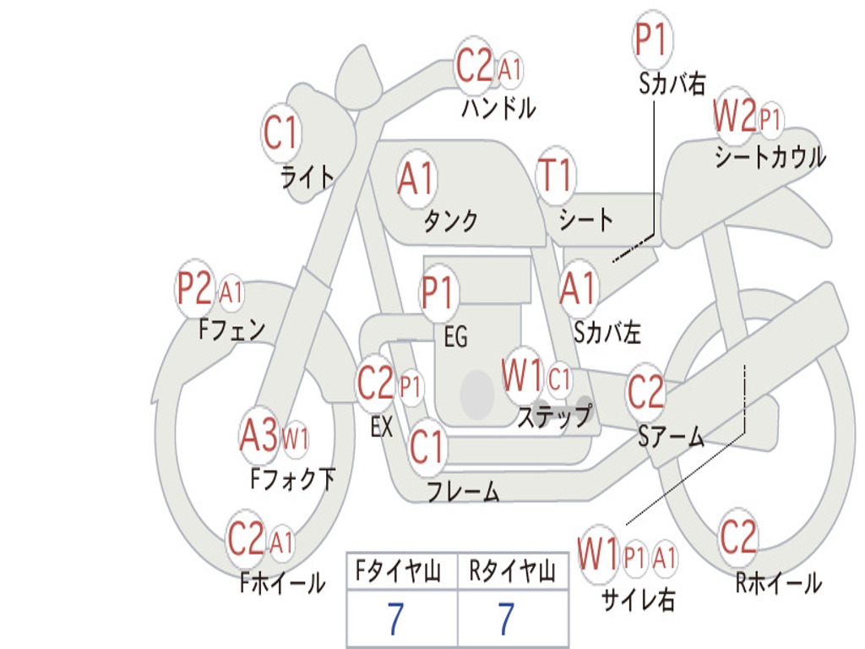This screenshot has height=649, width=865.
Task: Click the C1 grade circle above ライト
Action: pyautogui.click(x=281, y=134)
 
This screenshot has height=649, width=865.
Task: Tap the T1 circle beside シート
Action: pyautogui.click(x=555, y=176)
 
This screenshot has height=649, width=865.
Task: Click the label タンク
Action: pyautogui.click(x=450, y=221)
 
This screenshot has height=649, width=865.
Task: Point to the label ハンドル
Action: pyautogui.click(x=498, y=108)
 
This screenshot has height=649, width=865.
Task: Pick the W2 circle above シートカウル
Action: pyautogui.click(x=733, y=117)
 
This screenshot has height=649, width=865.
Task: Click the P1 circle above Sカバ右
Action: pyautogui.click(x=651, y=40)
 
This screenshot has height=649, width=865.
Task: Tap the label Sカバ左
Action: pyautogui.click(x=607, y=333)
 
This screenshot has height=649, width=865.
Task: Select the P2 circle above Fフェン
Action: pyautogui.click(x=194, y=290)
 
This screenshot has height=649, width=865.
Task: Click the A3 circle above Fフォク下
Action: pyautogui.click(x=258, y=436)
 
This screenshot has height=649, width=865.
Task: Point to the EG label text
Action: pyautogui.click(x=455, y=337)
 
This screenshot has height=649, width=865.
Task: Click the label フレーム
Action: pyautogui.click(x=463, y=491)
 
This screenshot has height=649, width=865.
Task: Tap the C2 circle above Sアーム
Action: pyautogui.click(x=646, y=391)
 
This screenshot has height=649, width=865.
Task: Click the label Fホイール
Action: pyautogui.click(x=283, y=582)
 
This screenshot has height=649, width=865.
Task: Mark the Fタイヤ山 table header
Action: pyautogui.click(x=400, y=573)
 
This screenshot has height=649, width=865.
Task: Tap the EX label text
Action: pyautogui.click(x=382, y=427)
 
